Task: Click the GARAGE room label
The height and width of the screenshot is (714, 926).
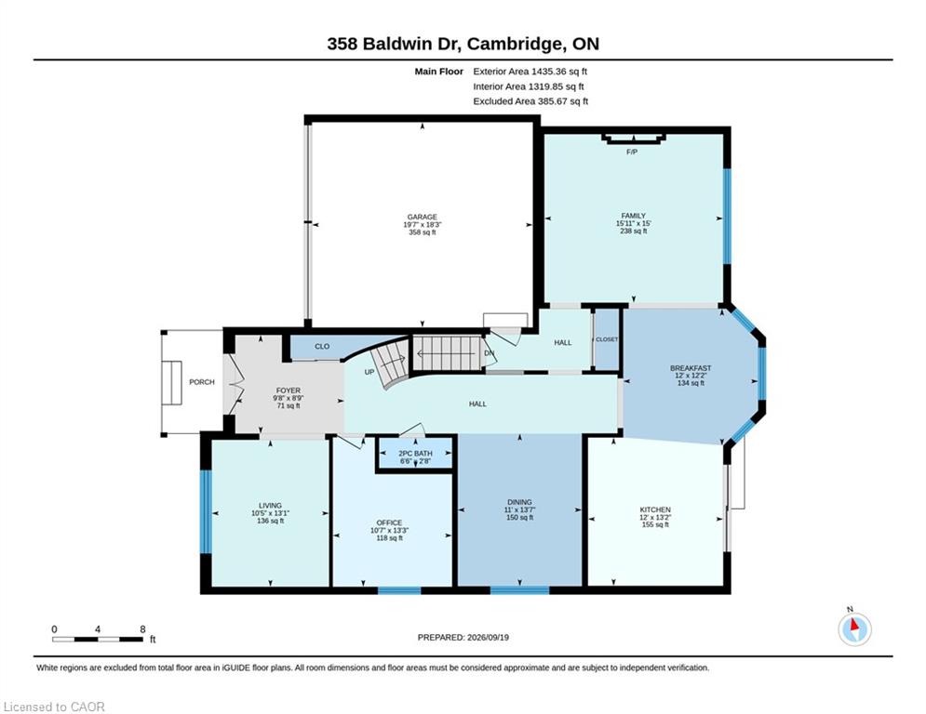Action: [x=423, y=218]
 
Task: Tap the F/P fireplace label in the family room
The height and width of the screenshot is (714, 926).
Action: [x=632, y=152]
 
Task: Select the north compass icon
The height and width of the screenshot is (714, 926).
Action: [x=854, y=628]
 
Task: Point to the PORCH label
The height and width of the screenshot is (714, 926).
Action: [x=202, y=382]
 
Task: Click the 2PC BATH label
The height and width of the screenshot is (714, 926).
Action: [x=415, y=454]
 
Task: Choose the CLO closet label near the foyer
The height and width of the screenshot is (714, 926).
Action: [x=322, y=347]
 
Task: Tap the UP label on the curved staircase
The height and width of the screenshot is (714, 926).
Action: [x=369, y=373]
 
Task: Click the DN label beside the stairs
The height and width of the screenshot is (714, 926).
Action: [x=489, y=353]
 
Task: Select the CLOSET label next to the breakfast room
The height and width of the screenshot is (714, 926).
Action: [x=607, y=339]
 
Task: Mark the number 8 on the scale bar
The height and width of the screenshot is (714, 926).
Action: [x=142, y=629]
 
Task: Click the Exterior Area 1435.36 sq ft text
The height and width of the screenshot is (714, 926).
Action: [x=530, y=72]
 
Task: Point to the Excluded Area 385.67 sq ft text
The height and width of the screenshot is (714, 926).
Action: [x=530, y=101]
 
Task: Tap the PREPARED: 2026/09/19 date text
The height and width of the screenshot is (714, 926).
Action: [x=463, y=637]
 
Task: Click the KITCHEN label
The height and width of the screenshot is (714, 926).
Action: [x=655, y=509]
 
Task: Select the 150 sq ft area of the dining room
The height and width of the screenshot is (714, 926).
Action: [x=519, y=518]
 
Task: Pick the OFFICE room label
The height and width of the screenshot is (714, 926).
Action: [x=389, y=522]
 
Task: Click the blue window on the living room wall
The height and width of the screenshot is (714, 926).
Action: [x=206, y=511]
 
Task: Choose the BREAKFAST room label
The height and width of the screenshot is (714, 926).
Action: [x=691, y=368]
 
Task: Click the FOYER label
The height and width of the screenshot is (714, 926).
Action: [x=289, y=390]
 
